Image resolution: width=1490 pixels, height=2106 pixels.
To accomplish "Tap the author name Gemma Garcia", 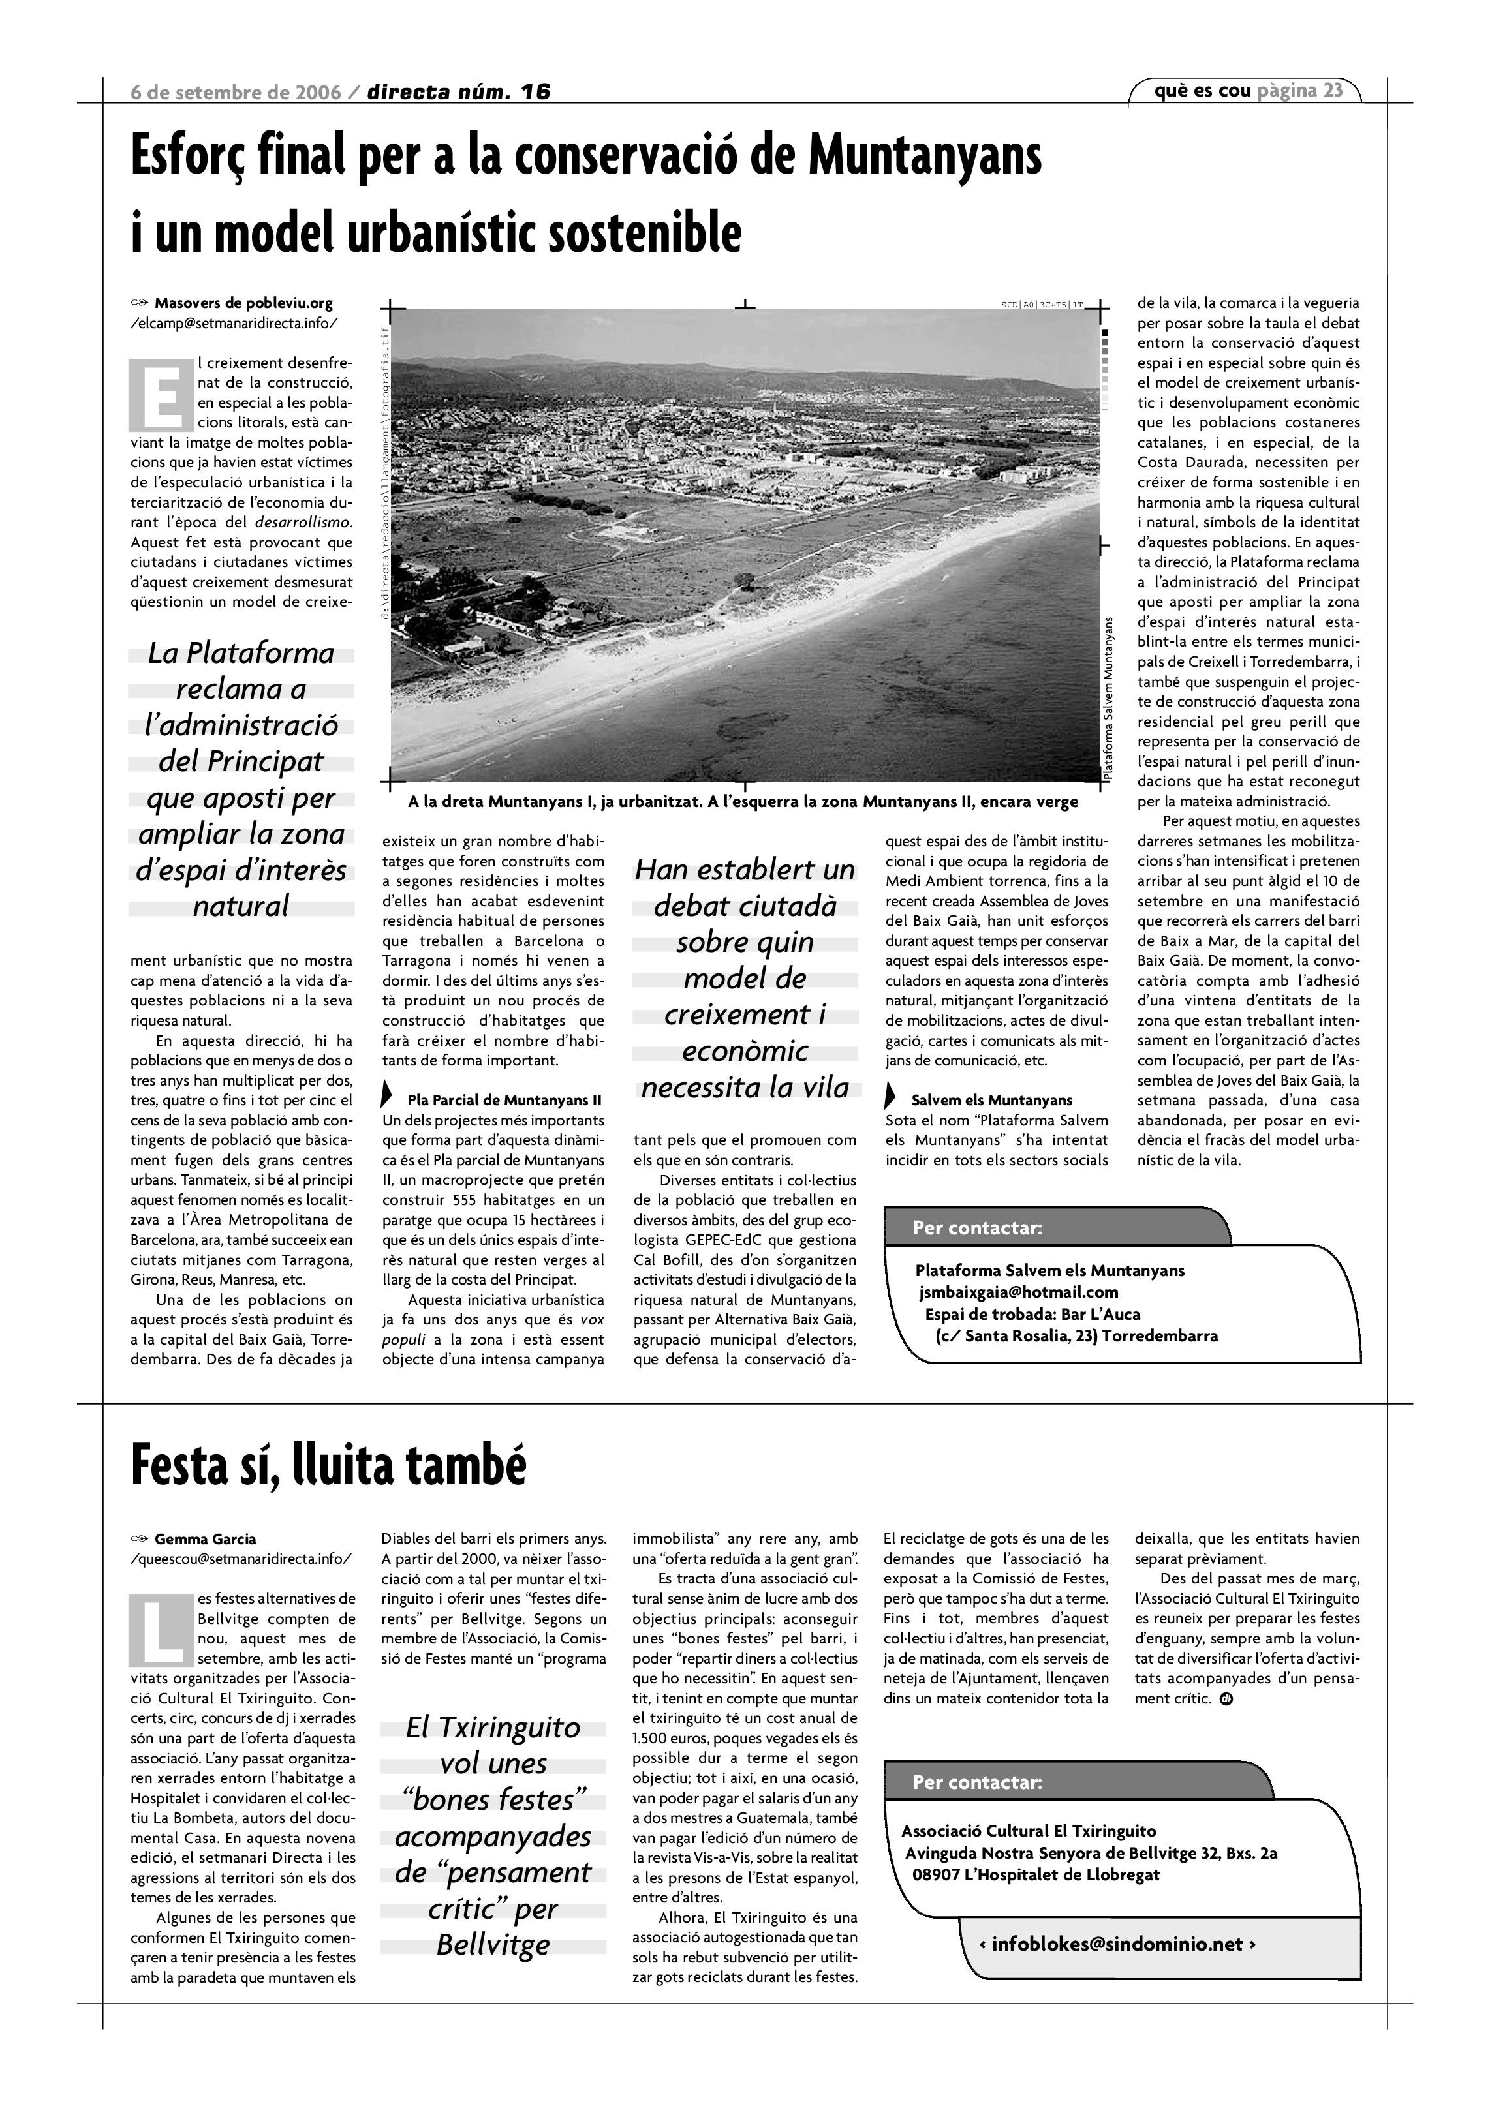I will [206, 1539].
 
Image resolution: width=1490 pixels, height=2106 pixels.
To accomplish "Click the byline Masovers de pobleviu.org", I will [243, 303].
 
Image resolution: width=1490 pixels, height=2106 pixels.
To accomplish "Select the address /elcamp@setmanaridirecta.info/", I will [234, 323].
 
